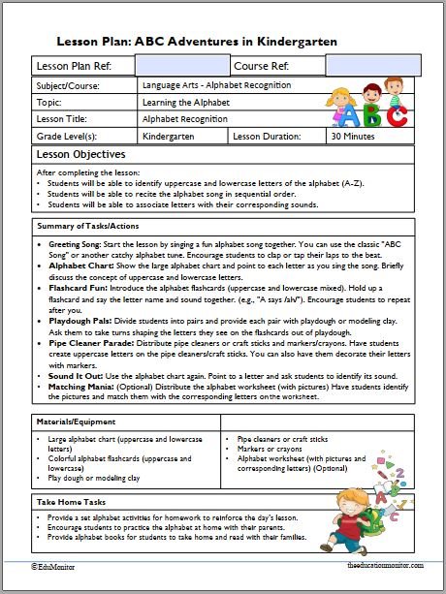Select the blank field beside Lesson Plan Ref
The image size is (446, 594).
pyautogui.click(x=182, y=66)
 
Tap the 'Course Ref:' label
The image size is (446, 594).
pyautogui.click(x=261, y=66)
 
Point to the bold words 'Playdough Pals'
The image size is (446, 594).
pyautogui.click(x=80, y=319)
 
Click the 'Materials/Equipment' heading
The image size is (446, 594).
pyautogui.click(x=78, y=422)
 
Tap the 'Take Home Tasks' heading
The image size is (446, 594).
pyautogui.click(x=74, y=503)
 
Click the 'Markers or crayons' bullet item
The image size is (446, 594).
pyautogui.click(x=269, y=449)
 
